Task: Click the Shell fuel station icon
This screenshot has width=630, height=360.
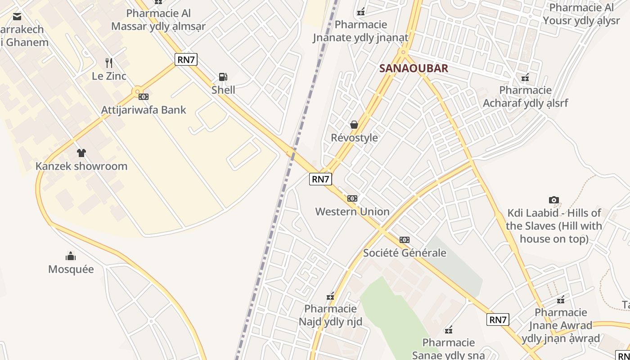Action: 223,77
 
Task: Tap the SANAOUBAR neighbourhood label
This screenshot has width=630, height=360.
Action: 414,68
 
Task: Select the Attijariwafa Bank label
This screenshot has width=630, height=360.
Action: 144,110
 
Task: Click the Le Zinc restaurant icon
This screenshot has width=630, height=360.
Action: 109,63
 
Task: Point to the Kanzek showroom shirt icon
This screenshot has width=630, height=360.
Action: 81,153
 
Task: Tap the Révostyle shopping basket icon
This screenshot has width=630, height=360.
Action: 354,125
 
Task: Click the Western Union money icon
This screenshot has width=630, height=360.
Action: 352,198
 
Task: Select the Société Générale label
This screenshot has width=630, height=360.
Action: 405,253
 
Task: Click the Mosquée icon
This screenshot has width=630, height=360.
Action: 71,256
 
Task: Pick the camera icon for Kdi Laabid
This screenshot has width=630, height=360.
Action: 554,200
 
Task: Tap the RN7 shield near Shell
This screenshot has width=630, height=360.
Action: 186,59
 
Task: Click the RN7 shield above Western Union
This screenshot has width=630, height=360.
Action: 320,179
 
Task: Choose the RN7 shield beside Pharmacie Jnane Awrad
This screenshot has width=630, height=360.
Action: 498,320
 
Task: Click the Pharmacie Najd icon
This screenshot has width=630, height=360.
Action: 331,296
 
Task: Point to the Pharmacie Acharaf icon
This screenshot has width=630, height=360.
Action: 525,77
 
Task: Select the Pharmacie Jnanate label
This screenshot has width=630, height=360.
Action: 361,31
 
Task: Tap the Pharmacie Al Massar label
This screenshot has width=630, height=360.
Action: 158,20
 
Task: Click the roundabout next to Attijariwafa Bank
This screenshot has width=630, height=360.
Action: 137,92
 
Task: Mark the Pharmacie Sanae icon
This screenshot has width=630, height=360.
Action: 449,330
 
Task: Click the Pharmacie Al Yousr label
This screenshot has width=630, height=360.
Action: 581,14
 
